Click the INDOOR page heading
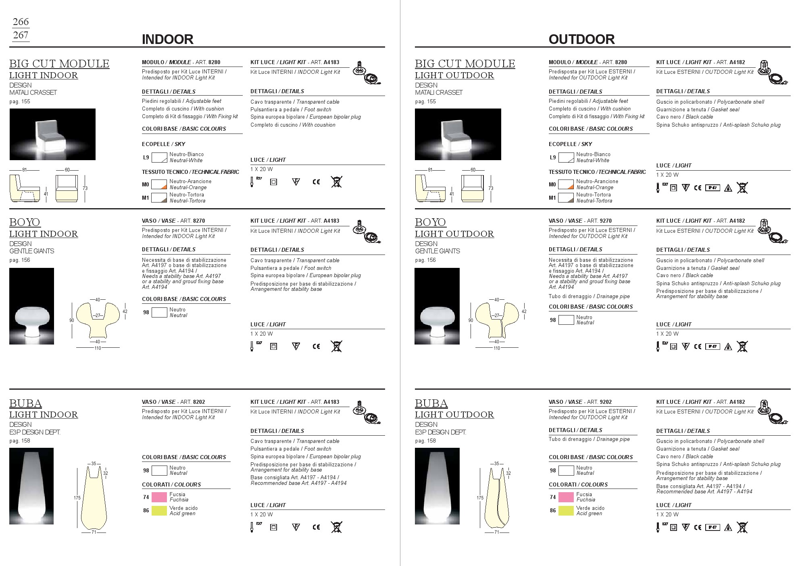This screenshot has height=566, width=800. click(x=167, y=39)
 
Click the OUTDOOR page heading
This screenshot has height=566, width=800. click(x=581, y=39)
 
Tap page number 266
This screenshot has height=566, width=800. click(x=21, y=22)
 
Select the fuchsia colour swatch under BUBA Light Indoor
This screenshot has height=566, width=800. click(x=159, y=497)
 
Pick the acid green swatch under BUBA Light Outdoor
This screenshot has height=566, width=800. click(x=566, y=511)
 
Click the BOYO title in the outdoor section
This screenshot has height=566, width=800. click(x=430, y=222)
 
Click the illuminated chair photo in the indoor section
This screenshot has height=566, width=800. click(x=52, y=134)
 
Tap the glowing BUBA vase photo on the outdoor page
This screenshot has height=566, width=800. click(x=437, y=486)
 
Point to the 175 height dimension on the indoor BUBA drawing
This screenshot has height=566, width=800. click(x=77, y=498)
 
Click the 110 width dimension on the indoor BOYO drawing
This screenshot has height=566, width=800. click(x=98, y=348)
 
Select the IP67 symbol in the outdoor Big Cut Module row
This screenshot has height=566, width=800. click(x=712, y=188)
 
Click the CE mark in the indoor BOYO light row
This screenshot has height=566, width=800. click(x=316, y=346)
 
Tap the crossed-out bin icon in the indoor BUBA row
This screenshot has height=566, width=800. click(x=336, y=527)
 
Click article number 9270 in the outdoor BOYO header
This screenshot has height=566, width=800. click(x=605, y=221)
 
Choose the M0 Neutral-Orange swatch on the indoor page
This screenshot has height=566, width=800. click(x=159, y=184)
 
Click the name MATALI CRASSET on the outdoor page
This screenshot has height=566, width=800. click(x=439, y=92)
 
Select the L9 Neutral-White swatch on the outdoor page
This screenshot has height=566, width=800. click(x=566, y=157)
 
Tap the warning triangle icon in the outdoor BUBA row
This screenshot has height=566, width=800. click(x=728, y=527)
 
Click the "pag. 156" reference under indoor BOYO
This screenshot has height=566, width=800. click(x=20, y=260)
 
